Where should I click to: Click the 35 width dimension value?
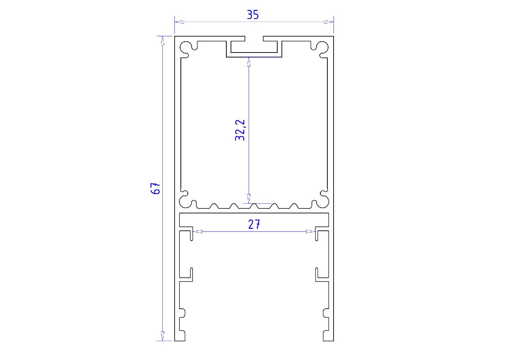(x=253, y=14)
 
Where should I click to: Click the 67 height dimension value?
(x=155, y=188)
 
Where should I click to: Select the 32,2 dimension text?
(x=240, y=130)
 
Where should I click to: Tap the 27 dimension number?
(x=254, y=224)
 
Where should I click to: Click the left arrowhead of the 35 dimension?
(x=179, y=22)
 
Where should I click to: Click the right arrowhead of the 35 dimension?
(x=329, y=22)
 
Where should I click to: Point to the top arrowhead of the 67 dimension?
(x=162, y=41)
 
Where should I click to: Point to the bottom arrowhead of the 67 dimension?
(x=162, y=336)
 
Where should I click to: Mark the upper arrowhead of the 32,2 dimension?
(x=249, y=62)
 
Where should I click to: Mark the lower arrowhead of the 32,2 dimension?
(x=249, y=199)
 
